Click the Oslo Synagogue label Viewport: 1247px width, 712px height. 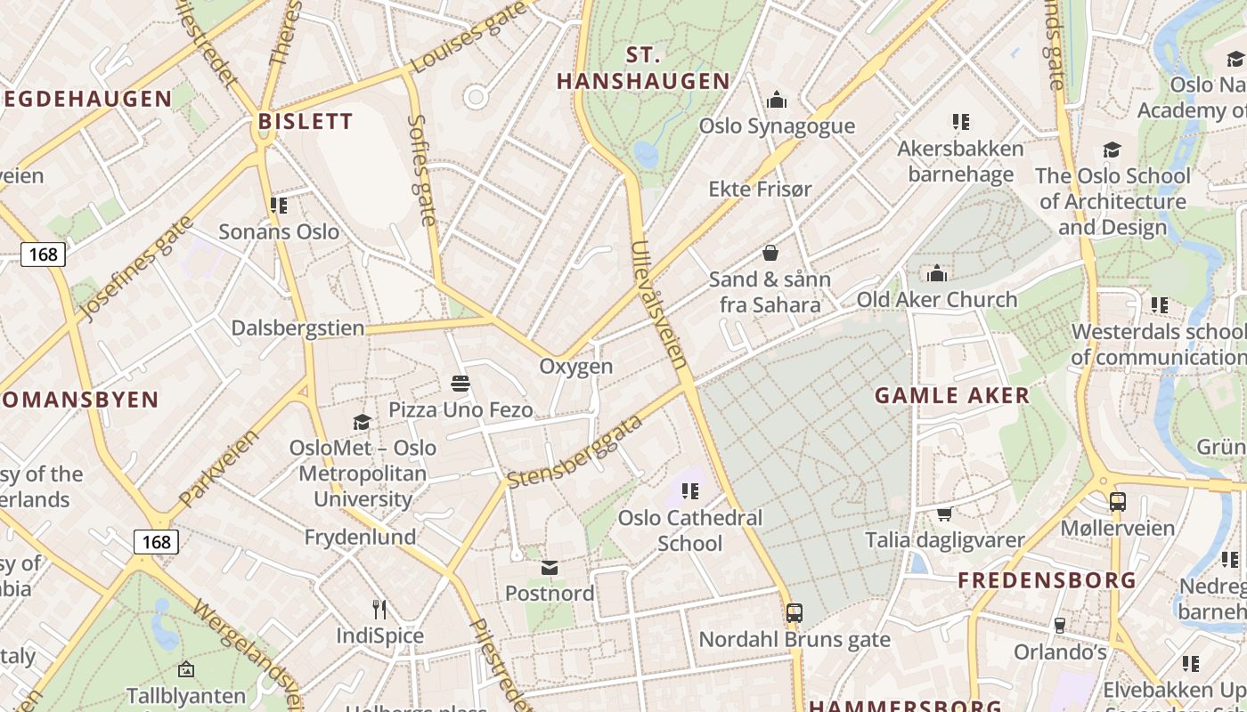click(x=777, y=125)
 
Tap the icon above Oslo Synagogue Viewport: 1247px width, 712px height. click(x=777, y=99)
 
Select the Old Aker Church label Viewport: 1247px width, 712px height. click(x=936, y=300)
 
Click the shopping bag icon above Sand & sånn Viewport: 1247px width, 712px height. click(x=770, y=254)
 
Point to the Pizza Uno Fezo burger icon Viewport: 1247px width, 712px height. click(x=460, y=384)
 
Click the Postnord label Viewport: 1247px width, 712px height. click(x=550, y=593)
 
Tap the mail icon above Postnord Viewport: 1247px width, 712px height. click(x=550, y=568)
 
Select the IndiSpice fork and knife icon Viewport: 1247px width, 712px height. click(x=379, y=610)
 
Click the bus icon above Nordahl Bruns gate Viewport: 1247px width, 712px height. click(x=794, y=613)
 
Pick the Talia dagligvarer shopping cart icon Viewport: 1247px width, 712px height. click(x=944, y=514)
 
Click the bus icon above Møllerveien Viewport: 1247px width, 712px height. click(x=1118, y=502)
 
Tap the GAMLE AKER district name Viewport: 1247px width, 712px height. click(x=951, y=396)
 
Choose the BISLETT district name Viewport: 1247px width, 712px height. click(x=305, y=121)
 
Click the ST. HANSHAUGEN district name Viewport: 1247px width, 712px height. click(x=643, y=69)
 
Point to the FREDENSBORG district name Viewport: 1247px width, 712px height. click(x=1047, y=580)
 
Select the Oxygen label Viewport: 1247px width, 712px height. click(x=576, y=367)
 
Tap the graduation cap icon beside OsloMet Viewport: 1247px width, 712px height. click(x=362, y=422)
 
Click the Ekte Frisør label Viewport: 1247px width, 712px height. click(x=760, y=189)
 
